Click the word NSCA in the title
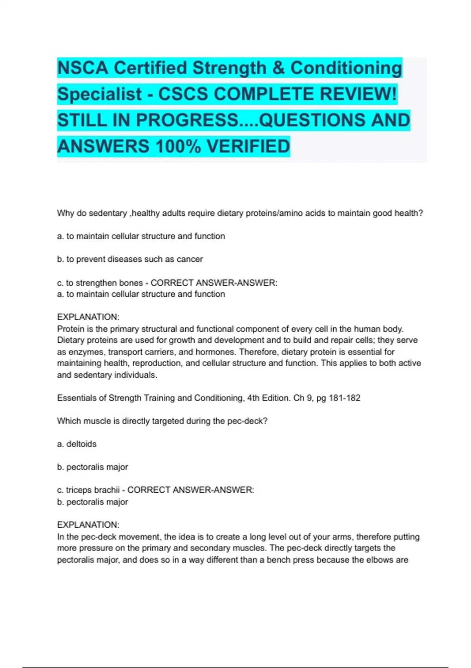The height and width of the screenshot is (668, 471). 82,68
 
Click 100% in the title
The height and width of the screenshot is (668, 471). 178,147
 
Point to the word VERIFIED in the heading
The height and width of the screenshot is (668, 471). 248,147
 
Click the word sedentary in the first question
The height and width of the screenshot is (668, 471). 108,213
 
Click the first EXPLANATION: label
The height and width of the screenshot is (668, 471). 88,317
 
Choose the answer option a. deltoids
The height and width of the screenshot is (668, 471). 77,444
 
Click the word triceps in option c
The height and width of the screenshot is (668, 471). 79,490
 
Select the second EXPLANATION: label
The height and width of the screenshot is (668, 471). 88,525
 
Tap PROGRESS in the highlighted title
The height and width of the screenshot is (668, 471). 187,120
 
